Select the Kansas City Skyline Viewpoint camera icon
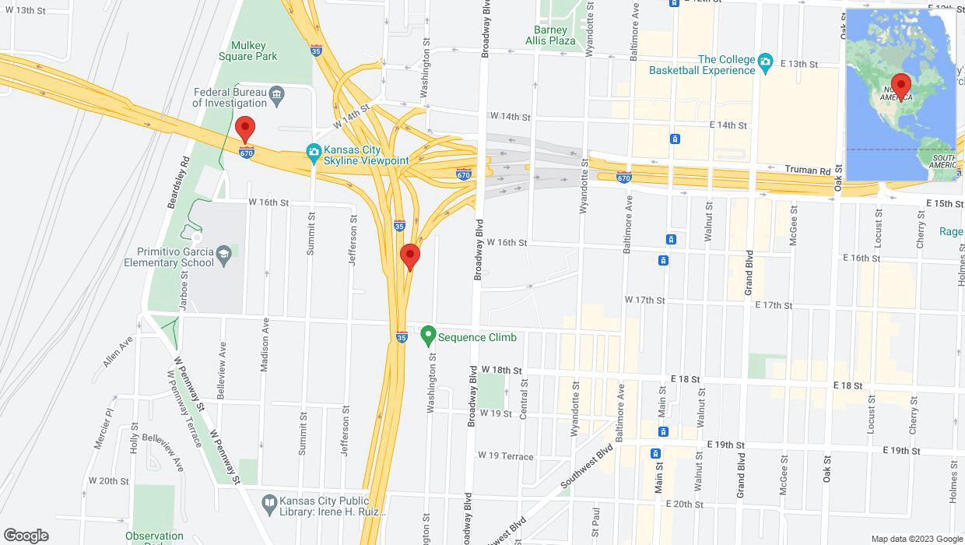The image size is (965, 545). [x=314, y=151]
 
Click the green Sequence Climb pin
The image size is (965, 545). [x=427, y=336]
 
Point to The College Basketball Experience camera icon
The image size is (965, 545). [x=765, y=62]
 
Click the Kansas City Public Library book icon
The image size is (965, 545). [x=269, y=502]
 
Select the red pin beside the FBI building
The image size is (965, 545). [x=245, y=129]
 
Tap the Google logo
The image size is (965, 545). [x=26, y=536]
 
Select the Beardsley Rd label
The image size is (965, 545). [x=178, y=182]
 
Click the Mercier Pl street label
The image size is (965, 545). [x=104, y=427]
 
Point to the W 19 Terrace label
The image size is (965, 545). [x=506, y=455]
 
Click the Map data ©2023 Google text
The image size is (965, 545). [x=917, y=539]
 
